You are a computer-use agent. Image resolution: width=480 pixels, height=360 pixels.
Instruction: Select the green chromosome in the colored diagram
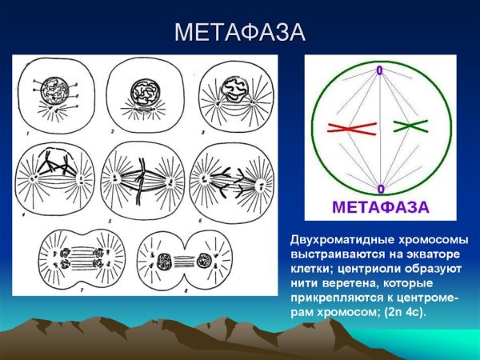[410, 126]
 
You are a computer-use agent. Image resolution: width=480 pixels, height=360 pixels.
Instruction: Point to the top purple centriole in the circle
[379, 71]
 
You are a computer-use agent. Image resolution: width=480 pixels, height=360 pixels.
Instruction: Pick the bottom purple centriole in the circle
[379, 189]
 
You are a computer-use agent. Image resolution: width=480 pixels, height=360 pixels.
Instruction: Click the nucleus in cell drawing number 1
[57, 87]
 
